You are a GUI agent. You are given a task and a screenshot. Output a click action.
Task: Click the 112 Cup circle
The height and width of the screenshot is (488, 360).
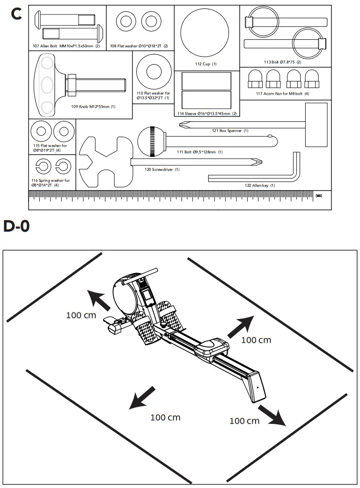(205, 32)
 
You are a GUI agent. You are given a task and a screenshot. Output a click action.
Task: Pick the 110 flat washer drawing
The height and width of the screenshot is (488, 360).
(153, 73)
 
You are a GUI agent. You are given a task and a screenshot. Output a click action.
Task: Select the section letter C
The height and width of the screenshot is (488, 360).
(16, 14)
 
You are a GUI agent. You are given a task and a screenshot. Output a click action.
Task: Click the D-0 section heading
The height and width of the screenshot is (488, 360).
(17, 227)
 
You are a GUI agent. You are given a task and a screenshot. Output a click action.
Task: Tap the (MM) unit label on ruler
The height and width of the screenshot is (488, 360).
(319, 195)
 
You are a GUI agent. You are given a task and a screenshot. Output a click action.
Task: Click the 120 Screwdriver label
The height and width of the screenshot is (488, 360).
(162, 169)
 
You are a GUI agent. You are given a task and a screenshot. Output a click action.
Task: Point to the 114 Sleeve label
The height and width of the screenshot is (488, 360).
(206, 114)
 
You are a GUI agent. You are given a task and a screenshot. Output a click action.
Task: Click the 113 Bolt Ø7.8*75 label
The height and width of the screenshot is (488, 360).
(282, 62)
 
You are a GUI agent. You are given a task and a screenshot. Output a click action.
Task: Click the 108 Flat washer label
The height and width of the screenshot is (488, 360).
(139, 46)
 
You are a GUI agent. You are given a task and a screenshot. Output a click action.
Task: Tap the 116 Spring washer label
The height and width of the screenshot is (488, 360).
(51, 183)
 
